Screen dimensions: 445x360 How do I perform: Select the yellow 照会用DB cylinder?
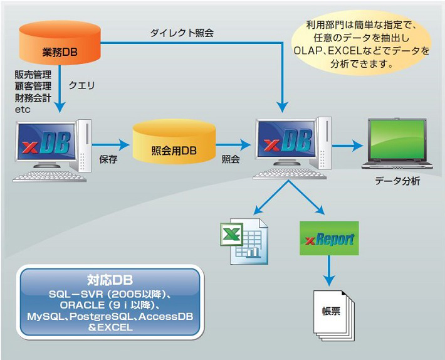tap(174, 141)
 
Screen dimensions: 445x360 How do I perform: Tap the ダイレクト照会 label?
tap(182, 33)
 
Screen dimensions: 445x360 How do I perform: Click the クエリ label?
tap(81, 85)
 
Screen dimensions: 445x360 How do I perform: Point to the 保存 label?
tap(108, 159)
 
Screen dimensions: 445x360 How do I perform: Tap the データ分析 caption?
tap(397, 181)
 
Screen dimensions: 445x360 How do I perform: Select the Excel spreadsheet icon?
tap(244, 241)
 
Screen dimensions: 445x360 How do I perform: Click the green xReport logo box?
tap(329, 238)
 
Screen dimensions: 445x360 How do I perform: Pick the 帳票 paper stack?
tap(333, 315)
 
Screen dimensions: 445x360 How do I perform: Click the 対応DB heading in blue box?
tap(110, 280)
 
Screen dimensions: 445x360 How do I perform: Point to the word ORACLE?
tap(82, 305)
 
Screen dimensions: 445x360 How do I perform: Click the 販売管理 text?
tap(33, 75)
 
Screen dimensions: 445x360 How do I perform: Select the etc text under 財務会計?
tap(23, 110)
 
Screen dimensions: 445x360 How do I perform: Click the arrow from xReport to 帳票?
tap(329, 270)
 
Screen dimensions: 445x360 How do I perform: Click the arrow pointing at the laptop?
tap(348, 146)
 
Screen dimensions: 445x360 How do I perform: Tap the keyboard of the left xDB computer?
tap(50, 176)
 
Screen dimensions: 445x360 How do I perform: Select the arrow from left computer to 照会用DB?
tap(111, 145)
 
